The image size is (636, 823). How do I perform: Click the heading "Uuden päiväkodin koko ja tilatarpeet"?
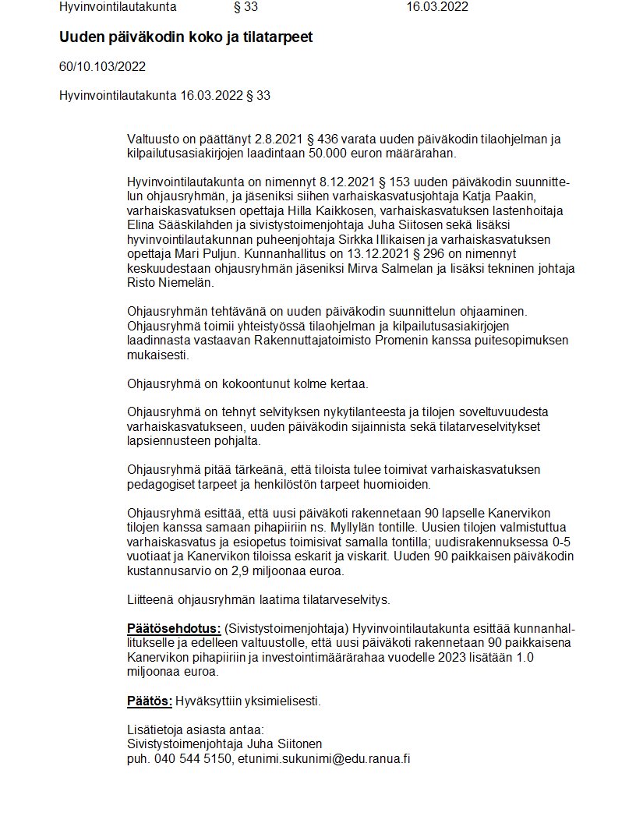[185, 37]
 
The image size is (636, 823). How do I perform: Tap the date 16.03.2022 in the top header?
[437, 7]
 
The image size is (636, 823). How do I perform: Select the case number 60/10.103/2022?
[102, 66]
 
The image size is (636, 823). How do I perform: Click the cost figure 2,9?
[241, 570]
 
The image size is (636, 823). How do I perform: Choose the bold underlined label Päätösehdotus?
[174, 629]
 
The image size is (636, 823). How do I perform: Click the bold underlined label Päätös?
[149, 701]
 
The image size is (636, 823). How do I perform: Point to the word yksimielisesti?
[278, 701]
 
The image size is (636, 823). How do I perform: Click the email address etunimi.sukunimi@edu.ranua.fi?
[324, 758]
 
